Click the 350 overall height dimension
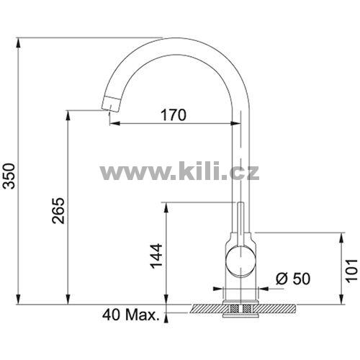[x=9, y=176]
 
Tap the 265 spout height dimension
[x=59, y=211]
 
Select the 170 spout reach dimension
[x=174, y=115]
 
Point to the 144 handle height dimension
[x=156, y=256]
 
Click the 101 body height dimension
[x=351, y=270]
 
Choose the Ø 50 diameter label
[x=293, y=279]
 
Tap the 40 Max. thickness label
[x=131, y=315]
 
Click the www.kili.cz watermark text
[x=179, y=171]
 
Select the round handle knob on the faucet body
[x=240, y=261]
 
